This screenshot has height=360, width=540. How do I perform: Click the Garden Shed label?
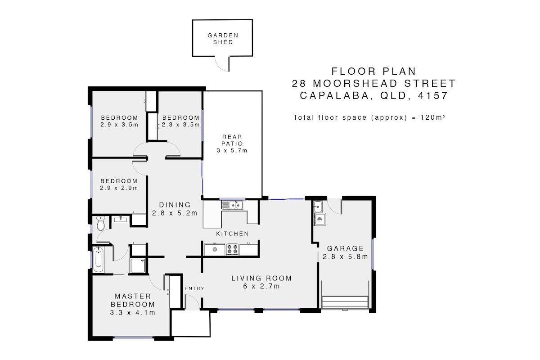pos(223,39)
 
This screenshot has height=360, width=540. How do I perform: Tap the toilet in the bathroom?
pos(100,223)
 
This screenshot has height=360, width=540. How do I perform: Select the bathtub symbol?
pos(99,260)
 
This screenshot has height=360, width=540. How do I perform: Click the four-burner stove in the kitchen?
pos(232,249)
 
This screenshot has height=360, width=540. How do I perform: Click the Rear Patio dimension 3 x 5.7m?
pos(232,151)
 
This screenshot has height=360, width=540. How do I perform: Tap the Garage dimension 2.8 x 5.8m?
pos(345,256)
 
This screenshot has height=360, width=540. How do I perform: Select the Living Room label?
pos(261,278)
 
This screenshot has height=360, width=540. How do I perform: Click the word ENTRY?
pos(194,288)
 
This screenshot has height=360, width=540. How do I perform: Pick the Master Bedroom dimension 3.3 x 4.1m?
pos(133,313)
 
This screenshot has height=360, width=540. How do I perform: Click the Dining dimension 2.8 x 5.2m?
pos(175,213)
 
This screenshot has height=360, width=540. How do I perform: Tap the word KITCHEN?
pos(232,234)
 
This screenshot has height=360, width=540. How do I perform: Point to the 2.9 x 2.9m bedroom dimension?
pos(119,188)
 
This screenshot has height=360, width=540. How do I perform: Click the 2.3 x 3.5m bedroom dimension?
pos(181,125)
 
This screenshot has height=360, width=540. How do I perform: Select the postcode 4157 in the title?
pos(433,95)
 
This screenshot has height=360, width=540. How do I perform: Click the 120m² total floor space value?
pos(433,117)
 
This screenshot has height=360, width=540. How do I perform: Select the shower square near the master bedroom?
pos(137,265)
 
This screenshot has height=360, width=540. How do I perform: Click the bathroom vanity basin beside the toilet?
pos(120,219)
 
